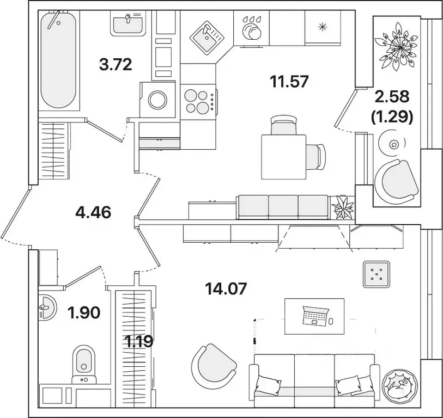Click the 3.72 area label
pos(116,65)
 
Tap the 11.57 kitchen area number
pos(289,82)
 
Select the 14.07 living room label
pos(226,288)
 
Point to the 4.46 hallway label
pos(93,212)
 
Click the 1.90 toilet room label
pos(84,313)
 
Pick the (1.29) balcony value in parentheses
pos(392,116)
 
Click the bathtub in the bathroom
pos(58,60)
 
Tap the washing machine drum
pos(157,100)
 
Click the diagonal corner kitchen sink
pos(207,36)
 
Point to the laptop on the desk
pos(315,316)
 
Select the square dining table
pos(284,157)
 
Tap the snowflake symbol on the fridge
pos(323,27)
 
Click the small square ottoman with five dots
pos(377,274)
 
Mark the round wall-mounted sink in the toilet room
pos(47,308)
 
